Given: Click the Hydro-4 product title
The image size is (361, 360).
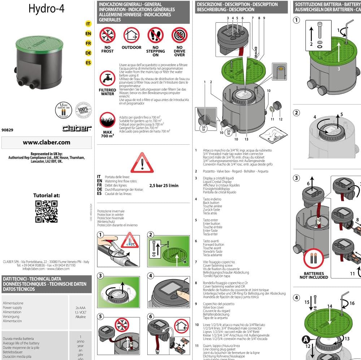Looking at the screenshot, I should click(x=47, y=9).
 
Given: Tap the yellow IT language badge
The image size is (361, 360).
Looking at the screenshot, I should click(x=88, y=24).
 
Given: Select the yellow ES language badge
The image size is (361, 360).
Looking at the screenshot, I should click(x=88, y=63).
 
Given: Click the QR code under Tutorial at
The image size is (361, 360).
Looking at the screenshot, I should click(x=47, y=211).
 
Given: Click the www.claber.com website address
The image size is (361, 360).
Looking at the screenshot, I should click(x=47, y=142).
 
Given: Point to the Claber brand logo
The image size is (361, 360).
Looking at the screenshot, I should click(x=77, y=128).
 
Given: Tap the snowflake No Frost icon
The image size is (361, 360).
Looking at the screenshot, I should click(x=108, y=35).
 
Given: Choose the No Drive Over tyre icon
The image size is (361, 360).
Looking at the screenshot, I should click(x=179, y=35).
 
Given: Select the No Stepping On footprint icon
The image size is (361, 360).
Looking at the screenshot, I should click(x=155, y=35).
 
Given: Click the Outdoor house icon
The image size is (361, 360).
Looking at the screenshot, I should click(x=131, y=35).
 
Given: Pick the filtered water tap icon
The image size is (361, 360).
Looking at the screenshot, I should click(x=108, y=79).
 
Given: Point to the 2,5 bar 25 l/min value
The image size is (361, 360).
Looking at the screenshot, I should click(x=164, y=186).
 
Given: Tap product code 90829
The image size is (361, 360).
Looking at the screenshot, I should click(x=8, y=130).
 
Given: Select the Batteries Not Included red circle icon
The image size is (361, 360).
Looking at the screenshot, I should click(x=313, y=259).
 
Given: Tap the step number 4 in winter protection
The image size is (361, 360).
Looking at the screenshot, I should click(x=151, y=276).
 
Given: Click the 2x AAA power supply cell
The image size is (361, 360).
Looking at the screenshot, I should click(x=80, y=312).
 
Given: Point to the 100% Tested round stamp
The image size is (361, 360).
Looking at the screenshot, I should click(x=83, y=110).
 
